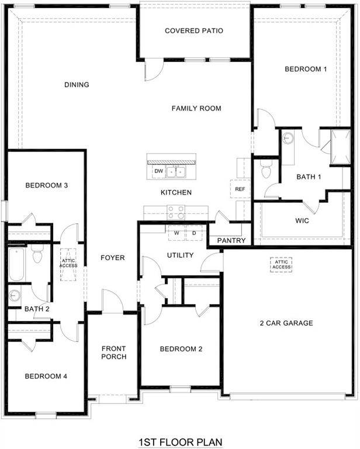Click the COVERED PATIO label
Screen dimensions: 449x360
click(x=194, y=30)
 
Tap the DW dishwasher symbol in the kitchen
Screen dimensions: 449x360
click(x=158, y=171)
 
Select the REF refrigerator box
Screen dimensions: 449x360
click(x=240, y=189)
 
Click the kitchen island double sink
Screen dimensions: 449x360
click(x=176, y=171)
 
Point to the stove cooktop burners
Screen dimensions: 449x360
click(x=176, y=211)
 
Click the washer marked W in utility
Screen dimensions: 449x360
click(x=176, y=232)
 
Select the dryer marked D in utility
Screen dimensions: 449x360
click(x=194, y=232)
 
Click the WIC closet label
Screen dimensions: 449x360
click(x=302, y=222)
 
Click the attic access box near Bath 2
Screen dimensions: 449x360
click(x=68, y=265)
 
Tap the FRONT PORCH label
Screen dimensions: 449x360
click(x=113, y=353)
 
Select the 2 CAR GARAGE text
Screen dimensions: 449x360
click(x=286, y=323)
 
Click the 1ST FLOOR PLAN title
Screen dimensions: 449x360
click(x=180, y=441)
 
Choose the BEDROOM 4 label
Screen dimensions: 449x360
click(x=46, y=376)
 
